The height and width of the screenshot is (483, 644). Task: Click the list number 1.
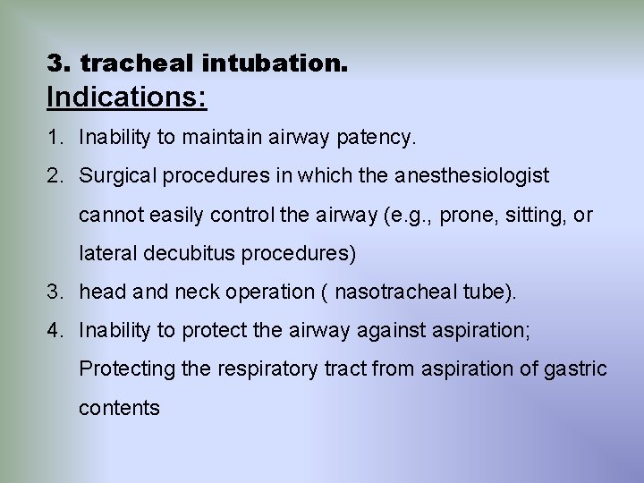[55, 138]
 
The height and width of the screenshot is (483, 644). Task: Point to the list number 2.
[55, 176]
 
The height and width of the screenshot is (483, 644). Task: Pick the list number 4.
[55, 330]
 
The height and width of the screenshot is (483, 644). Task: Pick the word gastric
[575, 369]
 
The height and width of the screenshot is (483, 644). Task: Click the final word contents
[119, 408]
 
